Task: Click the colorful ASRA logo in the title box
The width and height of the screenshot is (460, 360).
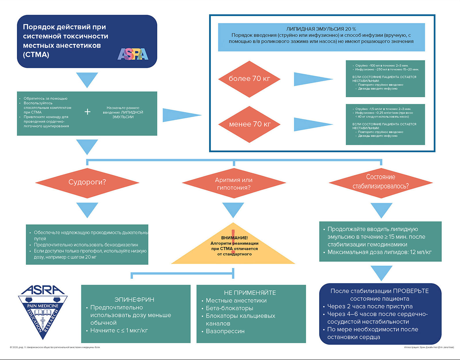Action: click(133, 54)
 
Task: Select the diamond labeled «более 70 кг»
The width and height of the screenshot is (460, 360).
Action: click(249, 79)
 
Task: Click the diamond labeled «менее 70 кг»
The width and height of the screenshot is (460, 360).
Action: click(249, 124)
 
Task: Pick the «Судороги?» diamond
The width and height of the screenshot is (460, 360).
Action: click(87, 183)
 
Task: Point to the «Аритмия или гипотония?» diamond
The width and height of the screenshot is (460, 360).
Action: click(234, 183)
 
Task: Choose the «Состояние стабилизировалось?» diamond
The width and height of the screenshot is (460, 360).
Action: click(381, 183)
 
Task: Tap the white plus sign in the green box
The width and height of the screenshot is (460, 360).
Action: click(87, 112)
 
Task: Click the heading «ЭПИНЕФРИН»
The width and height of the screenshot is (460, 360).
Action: click(134, 300)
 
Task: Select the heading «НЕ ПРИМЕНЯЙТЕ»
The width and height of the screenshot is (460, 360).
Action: click(250, 293)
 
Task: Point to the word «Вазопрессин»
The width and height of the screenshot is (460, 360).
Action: click(225, 331)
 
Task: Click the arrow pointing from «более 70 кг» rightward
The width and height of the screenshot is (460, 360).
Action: click(313, 79)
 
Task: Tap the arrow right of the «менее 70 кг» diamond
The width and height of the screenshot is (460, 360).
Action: click(313, 125)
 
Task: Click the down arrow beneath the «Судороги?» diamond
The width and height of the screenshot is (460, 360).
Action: click(87, 210)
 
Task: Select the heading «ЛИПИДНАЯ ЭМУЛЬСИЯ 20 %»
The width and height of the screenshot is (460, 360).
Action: click(321, 29)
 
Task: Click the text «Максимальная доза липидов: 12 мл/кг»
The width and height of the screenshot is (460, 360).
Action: click(379, 252)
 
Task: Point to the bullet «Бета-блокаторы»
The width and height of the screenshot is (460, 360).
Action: click(229, 308)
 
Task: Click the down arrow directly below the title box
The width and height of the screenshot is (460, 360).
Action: click(87, 80)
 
